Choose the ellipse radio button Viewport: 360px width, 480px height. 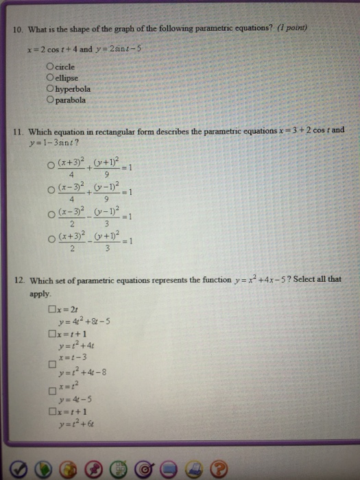coord(49,78)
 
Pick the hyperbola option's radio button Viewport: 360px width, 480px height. coord(49,89)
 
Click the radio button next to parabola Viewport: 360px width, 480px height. coord(49,100)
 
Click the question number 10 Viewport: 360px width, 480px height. coord(19,28)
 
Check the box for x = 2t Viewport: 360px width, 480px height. coord(51,310)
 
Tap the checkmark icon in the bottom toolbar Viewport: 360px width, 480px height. coord(20,467)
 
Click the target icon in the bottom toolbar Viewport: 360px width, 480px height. coord(145,467)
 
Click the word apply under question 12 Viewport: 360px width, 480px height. coord(39,293)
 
